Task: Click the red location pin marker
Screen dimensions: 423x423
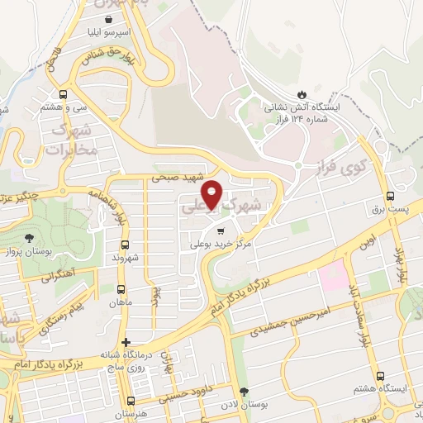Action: point(212,193)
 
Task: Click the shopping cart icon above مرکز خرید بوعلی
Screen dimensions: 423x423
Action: point(220,232)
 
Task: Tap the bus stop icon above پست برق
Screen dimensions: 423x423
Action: point(391,196)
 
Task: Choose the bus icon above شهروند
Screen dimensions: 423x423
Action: point(125,245)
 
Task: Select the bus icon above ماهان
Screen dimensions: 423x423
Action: point(121,289)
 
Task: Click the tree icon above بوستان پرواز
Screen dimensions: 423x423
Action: point(30,238)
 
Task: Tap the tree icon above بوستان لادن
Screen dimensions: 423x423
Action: point(243,392)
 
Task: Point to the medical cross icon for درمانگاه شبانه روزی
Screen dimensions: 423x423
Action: point(125,342)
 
